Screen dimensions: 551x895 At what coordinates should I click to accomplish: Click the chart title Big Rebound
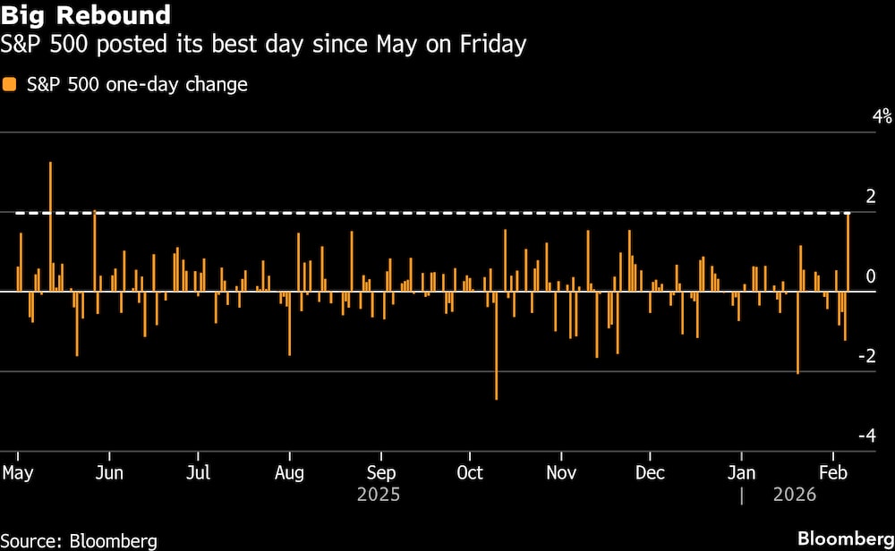[x=86, y=15]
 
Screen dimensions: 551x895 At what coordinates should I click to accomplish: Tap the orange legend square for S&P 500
[x=10, y=85]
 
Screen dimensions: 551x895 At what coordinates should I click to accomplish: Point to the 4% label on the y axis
[x=882, y=116]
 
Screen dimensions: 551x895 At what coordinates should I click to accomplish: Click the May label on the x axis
[x=19, y=472]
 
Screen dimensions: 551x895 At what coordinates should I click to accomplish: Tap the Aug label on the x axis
[x=290, y=472]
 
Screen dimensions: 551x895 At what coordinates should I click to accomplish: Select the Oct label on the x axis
[x=470, y=472]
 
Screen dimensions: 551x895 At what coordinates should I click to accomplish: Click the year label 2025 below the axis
[x=379, y=495]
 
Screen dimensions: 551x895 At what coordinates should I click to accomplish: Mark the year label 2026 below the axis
[x=794, y=495]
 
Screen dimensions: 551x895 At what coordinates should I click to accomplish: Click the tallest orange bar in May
[x=50, y=224]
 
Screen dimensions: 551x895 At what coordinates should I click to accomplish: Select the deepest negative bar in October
[x=496, y=344]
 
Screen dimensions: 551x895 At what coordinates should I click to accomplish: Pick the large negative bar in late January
[x=797, y=332]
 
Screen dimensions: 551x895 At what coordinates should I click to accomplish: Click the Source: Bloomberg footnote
[x=80, y=540]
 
